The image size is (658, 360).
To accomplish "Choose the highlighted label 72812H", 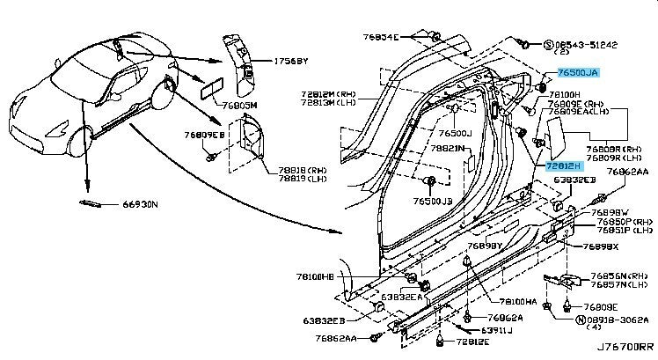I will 565,165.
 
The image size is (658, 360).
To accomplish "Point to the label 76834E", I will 380,37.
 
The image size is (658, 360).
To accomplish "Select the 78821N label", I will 447,150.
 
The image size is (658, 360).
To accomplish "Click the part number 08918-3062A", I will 618,322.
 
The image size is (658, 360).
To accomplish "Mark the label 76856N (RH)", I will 612,276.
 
